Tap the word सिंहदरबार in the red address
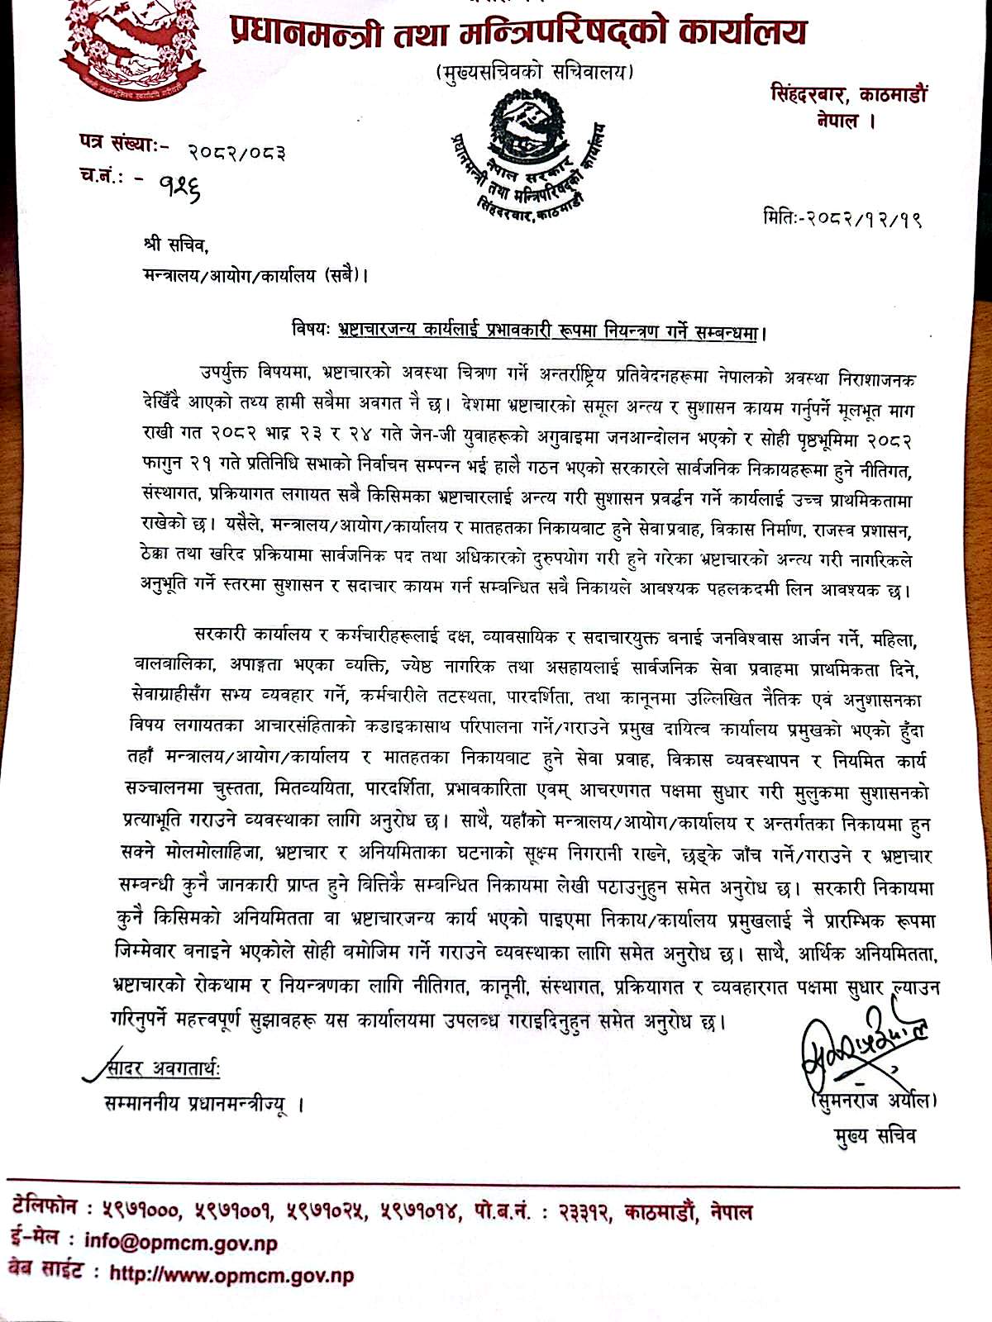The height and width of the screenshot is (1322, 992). click(x=807, y=94)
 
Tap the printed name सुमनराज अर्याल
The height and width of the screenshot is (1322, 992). click(x=874, y=1101)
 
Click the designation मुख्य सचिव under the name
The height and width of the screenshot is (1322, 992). click(x=875, y=1135)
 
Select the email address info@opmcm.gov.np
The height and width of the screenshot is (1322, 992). click(x=181, y=1243)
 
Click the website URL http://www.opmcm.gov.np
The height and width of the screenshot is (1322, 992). click(x=231, y=1275)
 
